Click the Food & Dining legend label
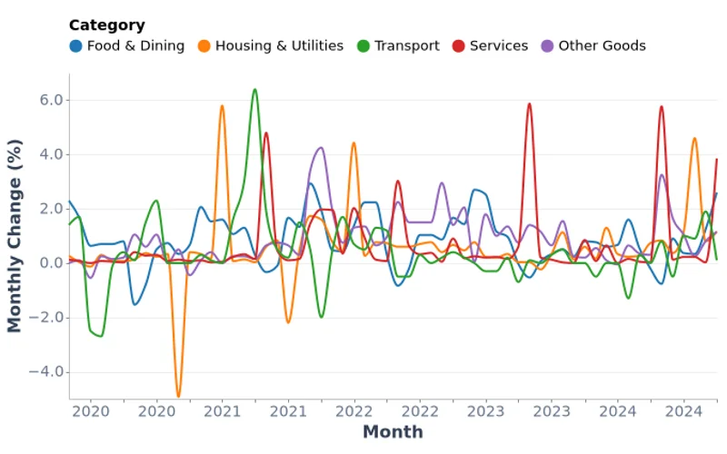(135, 45)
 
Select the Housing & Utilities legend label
(279, 45)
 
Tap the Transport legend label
(406, 45)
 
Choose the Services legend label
(499, 45)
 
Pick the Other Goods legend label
(602, 45)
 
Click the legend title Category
(106, 25)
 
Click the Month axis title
(393, 432)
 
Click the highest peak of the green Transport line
(254, 89)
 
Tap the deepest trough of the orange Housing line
(178, 397)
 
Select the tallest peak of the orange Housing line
(222, 105)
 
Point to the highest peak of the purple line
(320, 147)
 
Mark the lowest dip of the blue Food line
(134, 304)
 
